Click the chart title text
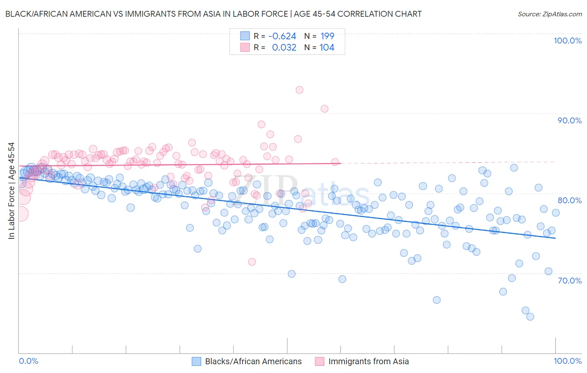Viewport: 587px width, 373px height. click(213, 14)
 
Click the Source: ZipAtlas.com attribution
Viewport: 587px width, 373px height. click(549, 14)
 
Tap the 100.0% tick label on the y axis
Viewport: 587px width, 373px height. click(567, 41)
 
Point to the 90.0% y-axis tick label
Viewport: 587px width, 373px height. click(569, 120)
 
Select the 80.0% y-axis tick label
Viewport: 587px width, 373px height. click(569, 200)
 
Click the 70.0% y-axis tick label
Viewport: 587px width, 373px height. click(569, 281)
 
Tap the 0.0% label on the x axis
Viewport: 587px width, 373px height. click(28, 361)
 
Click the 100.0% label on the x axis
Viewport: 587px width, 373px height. click(567, 361)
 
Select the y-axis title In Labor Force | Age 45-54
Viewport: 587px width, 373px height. click(11, 191)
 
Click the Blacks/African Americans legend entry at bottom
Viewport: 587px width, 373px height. click(253, 361)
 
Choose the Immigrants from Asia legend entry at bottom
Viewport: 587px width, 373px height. click(368, 361)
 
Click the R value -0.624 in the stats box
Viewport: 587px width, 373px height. click(282, 36)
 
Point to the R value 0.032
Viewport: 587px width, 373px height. click(284, 48)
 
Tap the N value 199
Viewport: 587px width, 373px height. click(327, 36)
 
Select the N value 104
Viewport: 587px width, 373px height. click(327, 48)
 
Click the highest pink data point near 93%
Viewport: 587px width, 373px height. click(299, 90)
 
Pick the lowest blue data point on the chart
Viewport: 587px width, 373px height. click(530, 317)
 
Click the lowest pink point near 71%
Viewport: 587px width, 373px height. click(252, 262)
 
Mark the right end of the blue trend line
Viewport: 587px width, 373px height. click(555, 238)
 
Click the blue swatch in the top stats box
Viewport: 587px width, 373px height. click(245, 36)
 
